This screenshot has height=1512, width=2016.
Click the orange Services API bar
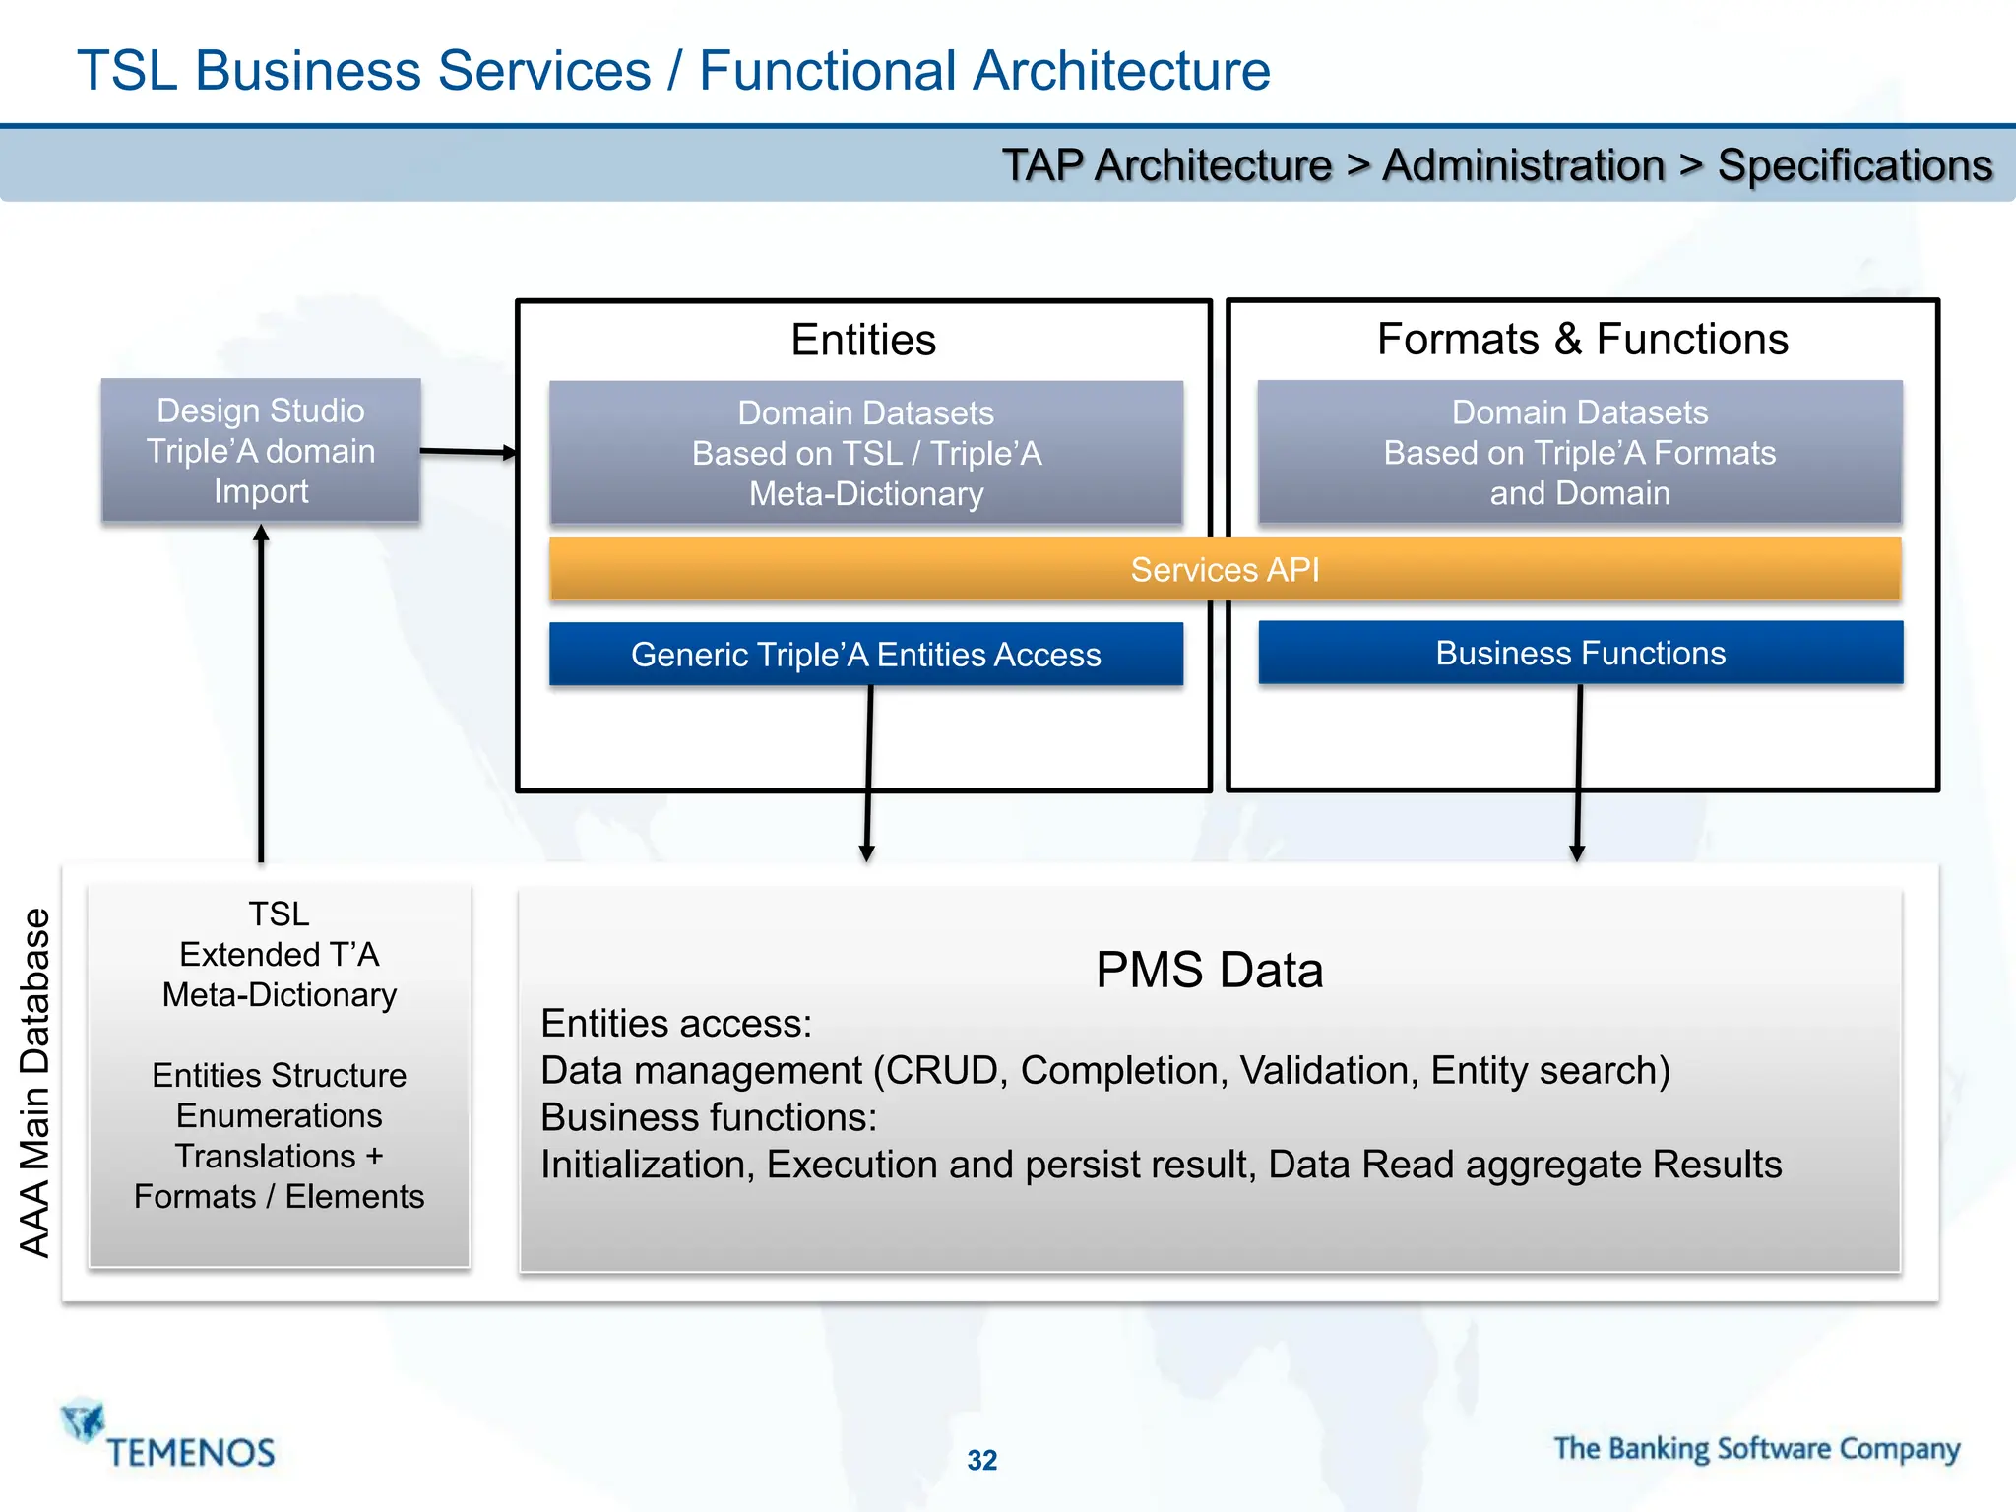click(x=1225, y=569)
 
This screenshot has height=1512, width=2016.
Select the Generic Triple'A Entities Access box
click(x=865, y=654)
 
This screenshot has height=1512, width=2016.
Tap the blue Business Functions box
click(x=1580, y=653)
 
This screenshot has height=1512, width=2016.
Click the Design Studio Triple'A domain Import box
click(x=261, y=451)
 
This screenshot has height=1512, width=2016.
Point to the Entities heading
click(x=863, y=340)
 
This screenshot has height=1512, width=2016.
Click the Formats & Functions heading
click(x=1582, y=339)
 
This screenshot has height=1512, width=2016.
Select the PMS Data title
click(x=1209, y=970)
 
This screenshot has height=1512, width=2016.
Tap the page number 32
click(x=981, y=1460)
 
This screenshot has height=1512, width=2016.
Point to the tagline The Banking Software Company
click(x=1756, y=1448)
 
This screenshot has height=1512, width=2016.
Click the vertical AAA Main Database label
click(x=35, y=1082)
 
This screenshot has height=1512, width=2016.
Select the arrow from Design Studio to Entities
click(x=468, y=452)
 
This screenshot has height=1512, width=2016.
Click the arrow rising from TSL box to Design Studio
click(x=261, y=689)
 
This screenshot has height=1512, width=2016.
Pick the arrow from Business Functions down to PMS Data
click(x=1578, y=773)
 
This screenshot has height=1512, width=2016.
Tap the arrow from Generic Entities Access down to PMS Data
click(x=868, y=773)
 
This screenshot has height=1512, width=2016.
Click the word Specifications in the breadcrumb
click(x=1855, y=165)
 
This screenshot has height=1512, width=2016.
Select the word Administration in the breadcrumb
click(x=1523, y=165)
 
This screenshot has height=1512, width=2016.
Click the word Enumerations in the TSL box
click(x=280, y=1115)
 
